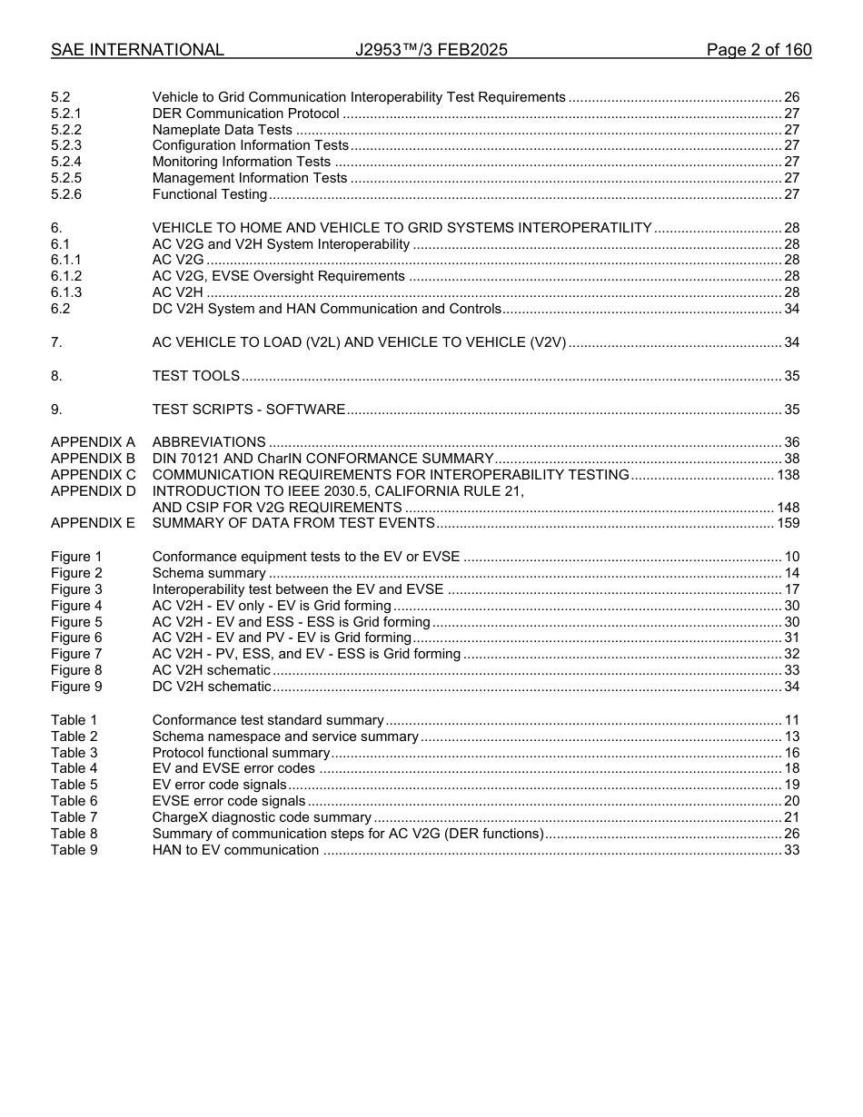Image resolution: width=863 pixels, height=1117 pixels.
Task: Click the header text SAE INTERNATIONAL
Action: click(x=137, y=51)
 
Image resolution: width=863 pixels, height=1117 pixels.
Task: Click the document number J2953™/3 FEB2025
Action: click(x=431, y=51)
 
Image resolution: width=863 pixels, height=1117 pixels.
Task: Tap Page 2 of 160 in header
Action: click(x=759, y=51)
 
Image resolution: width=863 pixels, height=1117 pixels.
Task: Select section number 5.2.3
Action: click(x=66, y=145)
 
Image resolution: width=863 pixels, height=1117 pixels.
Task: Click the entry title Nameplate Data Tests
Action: click(x=222, y=130)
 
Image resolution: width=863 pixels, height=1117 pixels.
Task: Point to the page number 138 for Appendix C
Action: click(x=788, y=475)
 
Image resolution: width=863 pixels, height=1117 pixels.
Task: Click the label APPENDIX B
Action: click(x=93, y=459)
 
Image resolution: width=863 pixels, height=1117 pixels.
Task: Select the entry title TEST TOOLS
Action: click(x=195, y=376)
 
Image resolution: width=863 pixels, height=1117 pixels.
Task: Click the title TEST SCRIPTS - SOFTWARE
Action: click(x=248, y=410)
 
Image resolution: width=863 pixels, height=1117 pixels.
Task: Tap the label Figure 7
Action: click(x=76, y=654)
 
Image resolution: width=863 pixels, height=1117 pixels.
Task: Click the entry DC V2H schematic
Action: click(x=211, y=687)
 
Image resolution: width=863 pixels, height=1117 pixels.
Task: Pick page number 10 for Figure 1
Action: click(x=792, y=557)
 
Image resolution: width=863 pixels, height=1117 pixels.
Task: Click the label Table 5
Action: click(x=74, y=785)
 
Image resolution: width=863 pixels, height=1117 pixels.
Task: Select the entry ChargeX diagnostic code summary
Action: click(x=262, y=817)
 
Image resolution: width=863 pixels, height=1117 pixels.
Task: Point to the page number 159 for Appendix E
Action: click(x=788, y=523)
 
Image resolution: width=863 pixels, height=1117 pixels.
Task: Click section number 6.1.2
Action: click(x=66, y=276)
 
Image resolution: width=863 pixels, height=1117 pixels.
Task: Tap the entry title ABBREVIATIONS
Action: click(x=208, y=442)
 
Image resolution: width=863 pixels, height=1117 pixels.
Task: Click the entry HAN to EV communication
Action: click(x=235, y=850)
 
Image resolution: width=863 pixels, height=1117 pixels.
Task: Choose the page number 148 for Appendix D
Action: click(x=788, y=508)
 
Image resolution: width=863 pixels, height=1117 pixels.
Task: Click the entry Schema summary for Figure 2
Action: click(x=209, y=573)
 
